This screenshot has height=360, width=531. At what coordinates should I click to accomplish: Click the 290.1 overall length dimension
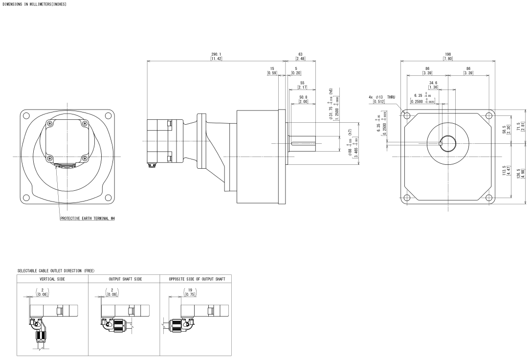pos(216,56)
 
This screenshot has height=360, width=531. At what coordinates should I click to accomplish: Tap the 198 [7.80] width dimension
pos(447,56)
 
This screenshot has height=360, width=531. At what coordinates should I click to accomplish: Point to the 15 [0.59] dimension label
pos(272,70)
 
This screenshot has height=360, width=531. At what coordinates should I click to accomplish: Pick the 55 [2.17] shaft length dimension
pos(302,85)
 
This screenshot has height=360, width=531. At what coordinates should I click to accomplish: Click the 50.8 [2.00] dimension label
pos(303,99)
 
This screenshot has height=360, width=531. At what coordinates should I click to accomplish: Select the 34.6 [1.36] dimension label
pos(433,85)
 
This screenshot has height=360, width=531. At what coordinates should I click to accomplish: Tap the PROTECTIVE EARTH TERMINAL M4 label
pos(87,219)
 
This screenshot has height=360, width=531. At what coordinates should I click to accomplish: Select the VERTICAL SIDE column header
pos(52,279)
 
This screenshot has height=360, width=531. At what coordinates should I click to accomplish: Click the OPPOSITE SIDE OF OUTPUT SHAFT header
pos(197,279)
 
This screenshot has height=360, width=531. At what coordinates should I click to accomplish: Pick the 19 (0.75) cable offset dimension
pos(188,292)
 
